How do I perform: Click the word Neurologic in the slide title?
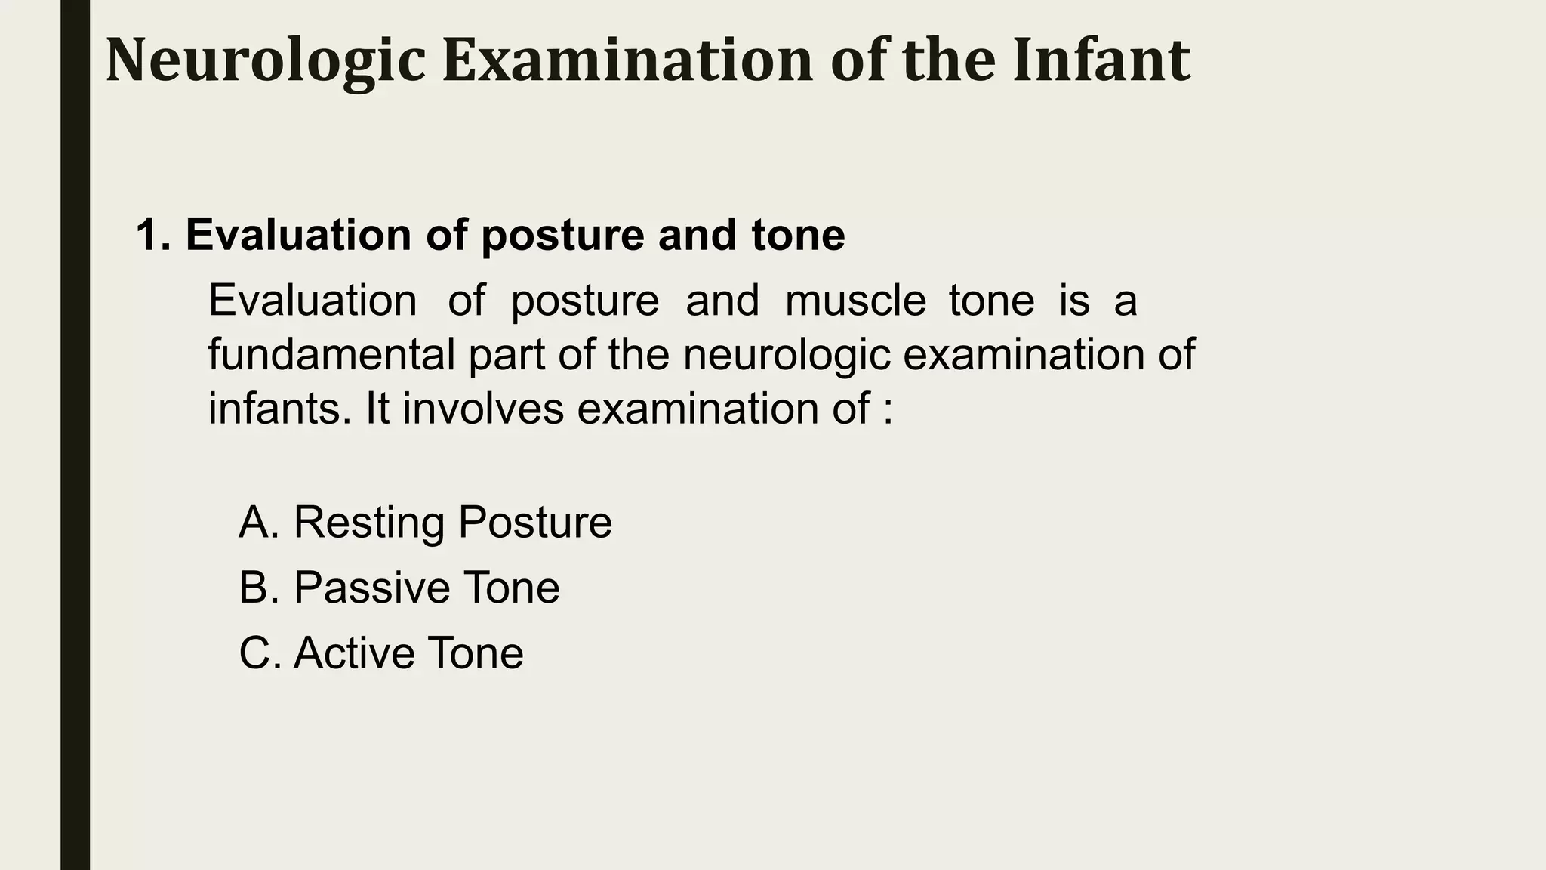coord(266,60)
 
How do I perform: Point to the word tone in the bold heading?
coord(798,235)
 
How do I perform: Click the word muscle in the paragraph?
coord(855,301)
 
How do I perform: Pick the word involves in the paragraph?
coord(483,409)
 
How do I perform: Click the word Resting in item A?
coord(368,523)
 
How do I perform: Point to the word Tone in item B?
coord(511,588)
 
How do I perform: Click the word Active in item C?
coord(354,653)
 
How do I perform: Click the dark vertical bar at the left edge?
coord(75,453)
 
